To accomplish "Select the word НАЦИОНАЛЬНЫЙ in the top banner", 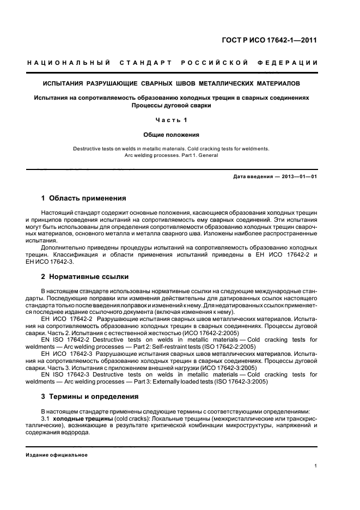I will [x=69, y=63].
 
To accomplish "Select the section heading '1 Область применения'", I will [x=84, y=198].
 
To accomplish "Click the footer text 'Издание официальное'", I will [x=57, y=455].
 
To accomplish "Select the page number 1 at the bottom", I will [x=316, y=466].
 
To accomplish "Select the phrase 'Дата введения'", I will [x=251, y=177].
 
